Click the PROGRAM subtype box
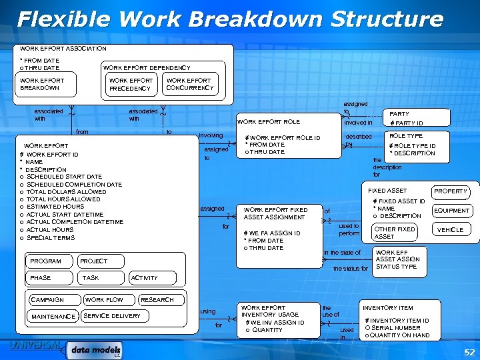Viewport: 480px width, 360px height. [47, 261]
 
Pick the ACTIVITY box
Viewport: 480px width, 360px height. [145, 277]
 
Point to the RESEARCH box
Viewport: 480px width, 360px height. [157, 300]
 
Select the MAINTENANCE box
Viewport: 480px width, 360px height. [53, 316]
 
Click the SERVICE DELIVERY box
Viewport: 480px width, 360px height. [111, 316]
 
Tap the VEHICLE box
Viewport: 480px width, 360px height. [451, 229]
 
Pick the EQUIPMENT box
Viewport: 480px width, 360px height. [451, 211]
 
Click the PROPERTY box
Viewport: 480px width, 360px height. [451, 191]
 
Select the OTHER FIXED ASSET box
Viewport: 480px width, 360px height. [395, 233]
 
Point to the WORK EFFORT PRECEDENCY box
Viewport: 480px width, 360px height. [131, 85]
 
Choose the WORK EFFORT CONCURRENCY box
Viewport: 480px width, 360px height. [189, 84]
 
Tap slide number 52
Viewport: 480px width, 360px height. [468, 351]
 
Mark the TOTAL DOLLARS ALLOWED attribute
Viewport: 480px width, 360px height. [66, 192]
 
